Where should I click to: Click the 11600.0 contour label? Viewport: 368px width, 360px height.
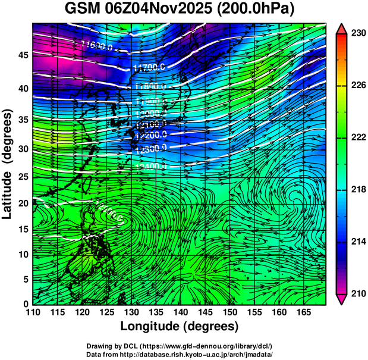point(97,45)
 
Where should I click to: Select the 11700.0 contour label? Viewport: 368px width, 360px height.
point(148,67)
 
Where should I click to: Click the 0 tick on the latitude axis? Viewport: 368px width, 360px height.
point(25,304)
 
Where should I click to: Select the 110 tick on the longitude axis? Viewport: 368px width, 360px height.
point(33,312)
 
